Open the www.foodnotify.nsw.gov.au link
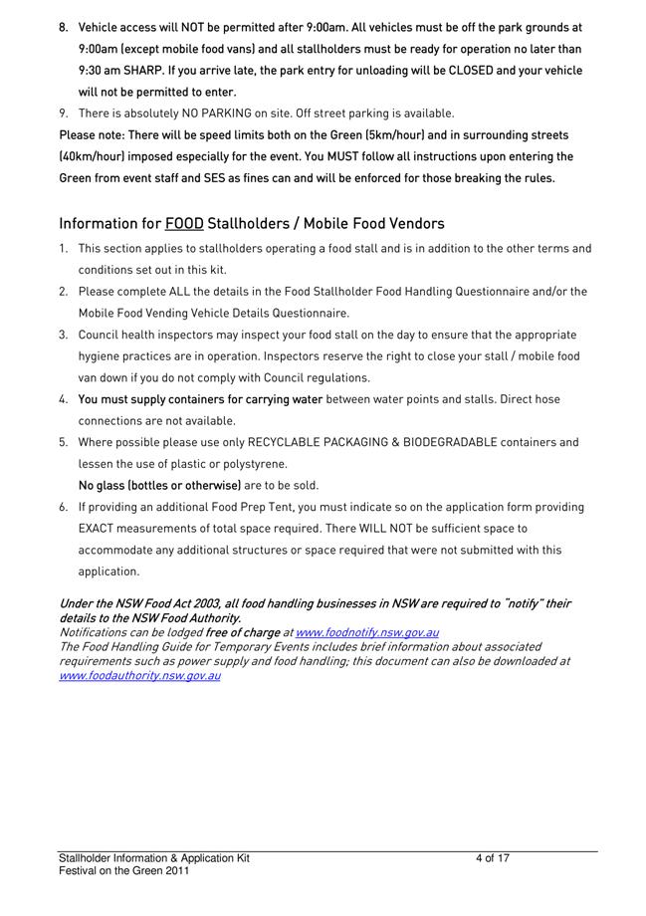(367, 632)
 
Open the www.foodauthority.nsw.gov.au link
(139, 675)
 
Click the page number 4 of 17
(493, 858)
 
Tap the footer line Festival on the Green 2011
(123, 870)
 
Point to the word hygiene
(101, 356)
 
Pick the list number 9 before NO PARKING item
(63, 114)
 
